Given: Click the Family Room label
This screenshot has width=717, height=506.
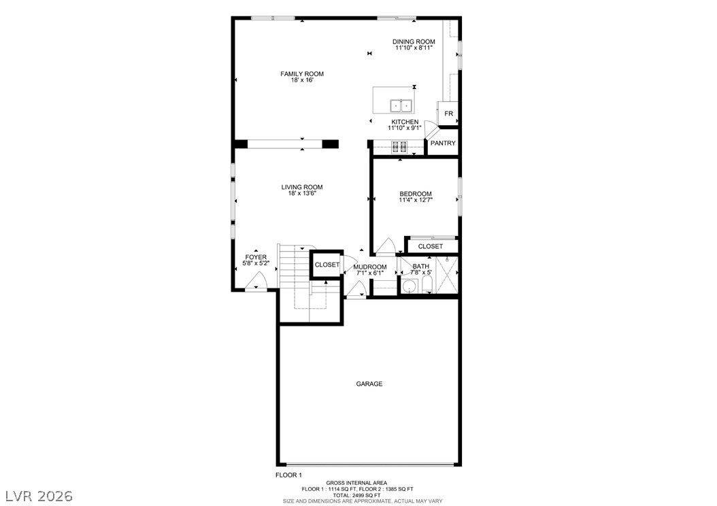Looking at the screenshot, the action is click(302, 73).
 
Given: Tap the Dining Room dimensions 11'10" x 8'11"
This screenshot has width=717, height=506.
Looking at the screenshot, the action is click(414, 48).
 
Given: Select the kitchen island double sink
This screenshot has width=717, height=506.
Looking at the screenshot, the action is click(401, 105).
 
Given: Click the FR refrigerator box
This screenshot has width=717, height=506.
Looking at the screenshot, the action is click(448, 114).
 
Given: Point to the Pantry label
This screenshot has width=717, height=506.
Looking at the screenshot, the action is click(443, 143).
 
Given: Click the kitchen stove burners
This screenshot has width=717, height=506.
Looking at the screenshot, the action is click(399, 147).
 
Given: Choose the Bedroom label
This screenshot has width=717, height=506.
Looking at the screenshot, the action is click(415, 194).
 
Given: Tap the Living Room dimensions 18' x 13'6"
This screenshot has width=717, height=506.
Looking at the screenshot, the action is click(302, 193).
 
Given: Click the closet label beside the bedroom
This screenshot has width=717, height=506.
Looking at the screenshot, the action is click(431, 246).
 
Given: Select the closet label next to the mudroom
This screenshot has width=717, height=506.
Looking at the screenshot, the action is click(327, 265).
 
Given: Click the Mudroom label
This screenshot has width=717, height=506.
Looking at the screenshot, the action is click(370, 267).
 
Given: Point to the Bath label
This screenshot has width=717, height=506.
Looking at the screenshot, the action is click(420, 267).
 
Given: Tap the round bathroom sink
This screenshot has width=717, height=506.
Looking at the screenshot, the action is click(408, 286).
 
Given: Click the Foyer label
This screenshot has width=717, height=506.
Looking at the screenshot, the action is click(256, 257).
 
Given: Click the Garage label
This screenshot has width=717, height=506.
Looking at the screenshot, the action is click(369, 384).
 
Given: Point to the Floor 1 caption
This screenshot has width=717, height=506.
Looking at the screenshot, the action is click(288, 475).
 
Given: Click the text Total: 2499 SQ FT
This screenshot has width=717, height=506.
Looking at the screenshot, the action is click(356, 495).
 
